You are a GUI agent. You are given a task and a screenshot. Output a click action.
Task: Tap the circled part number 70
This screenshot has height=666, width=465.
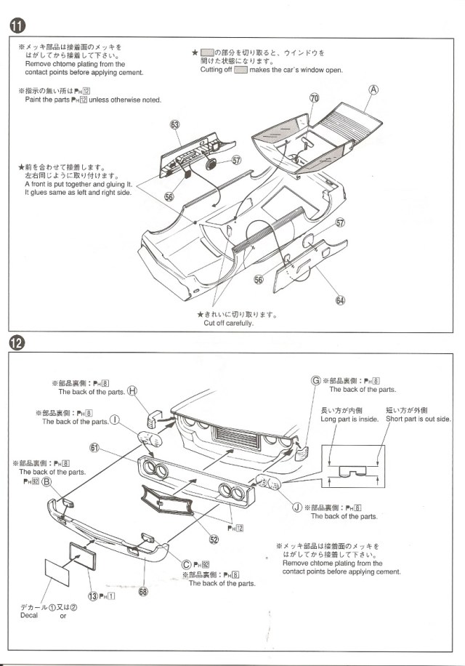point(314,97)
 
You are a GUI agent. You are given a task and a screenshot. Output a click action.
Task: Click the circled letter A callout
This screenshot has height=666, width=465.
point(374,90)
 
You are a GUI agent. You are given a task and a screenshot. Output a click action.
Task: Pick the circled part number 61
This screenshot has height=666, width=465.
point(94,446)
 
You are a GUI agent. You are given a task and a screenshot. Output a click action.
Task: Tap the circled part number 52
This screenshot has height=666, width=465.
point(214,539)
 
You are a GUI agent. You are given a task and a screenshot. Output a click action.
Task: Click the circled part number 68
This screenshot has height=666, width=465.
point(143,591)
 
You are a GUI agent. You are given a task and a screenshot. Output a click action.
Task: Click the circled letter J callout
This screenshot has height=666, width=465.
point(296,507)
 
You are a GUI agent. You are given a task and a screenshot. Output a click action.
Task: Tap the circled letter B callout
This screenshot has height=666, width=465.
point(46,481)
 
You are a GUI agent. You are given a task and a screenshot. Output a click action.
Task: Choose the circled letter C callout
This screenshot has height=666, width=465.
point(186,565)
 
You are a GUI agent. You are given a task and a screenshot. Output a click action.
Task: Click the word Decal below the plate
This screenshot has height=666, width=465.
point(29,616)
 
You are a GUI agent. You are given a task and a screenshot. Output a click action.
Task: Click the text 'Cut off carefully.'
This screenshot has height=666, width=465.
point(228,323)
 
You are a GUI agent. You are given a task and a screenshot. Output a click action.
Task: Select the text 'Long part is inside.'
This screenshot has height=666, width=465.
point(349,419)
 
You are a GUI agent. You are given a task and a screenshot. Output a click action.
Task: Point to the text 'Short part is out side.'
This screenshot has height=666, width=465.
point(418,419)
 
